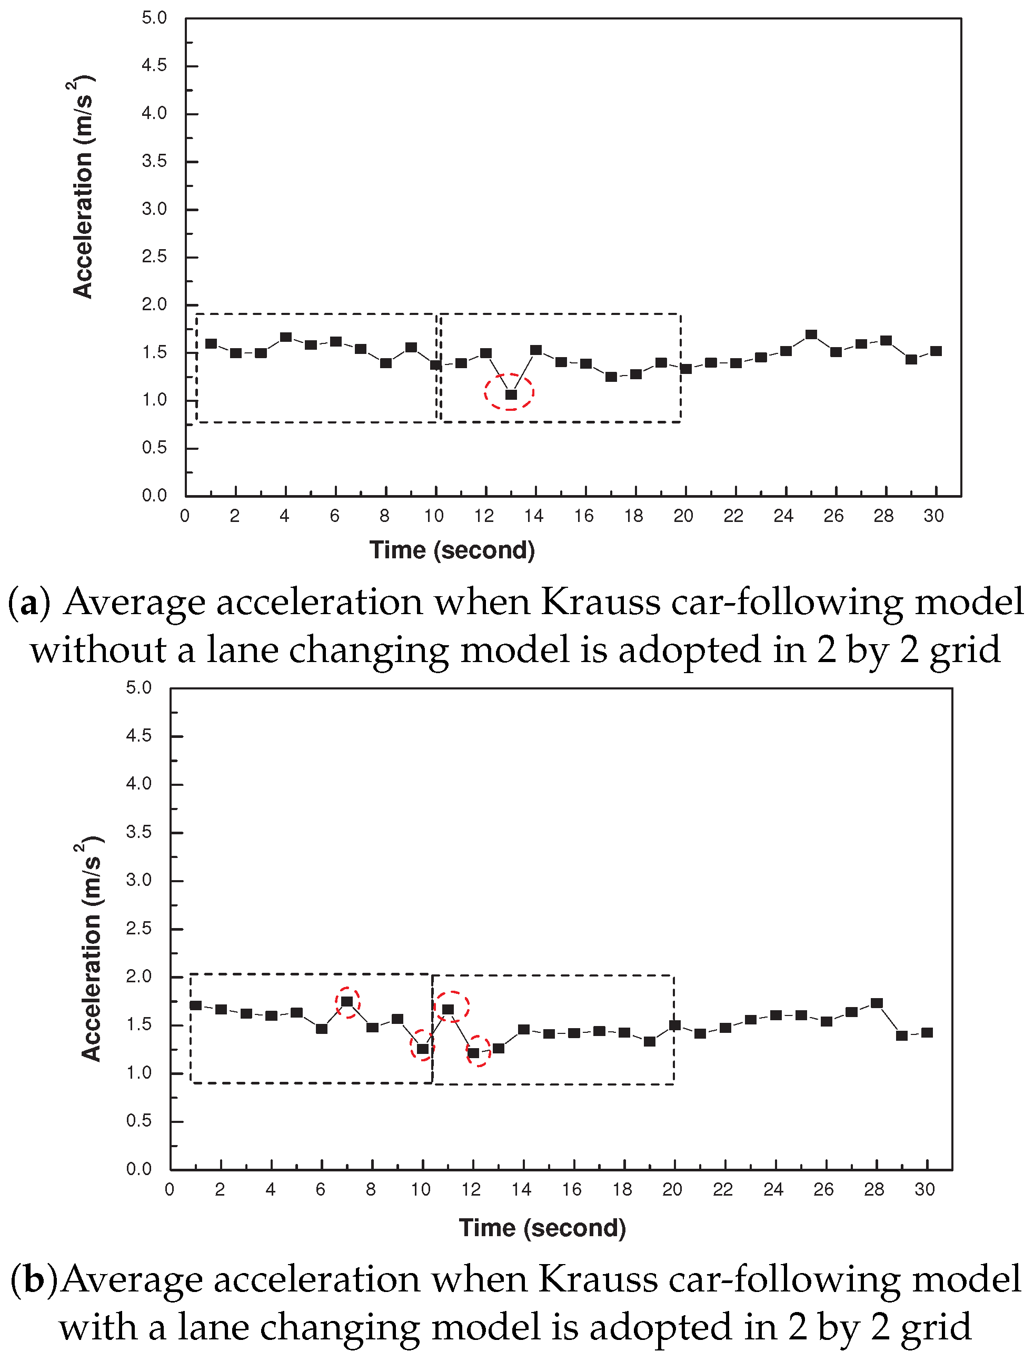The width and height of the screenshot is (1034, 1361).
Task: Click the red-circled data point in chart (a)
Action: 511,395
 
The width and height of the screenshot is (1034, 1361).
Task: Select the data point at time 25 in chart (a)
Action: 811,335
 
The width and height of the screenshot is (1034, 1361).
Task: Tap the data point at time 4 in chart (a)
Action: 285,337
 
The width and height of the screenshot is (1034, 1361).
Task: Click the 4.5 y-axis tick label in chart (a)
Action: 154,65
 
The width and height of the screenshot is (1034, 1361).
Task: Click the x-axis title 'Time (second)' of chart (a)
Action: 452,550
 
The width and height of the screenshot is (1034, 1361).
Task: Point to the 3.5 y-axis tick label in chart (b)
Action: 138,832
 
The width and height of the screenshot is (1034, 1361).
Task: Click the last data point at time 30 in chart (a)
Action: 936,351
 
